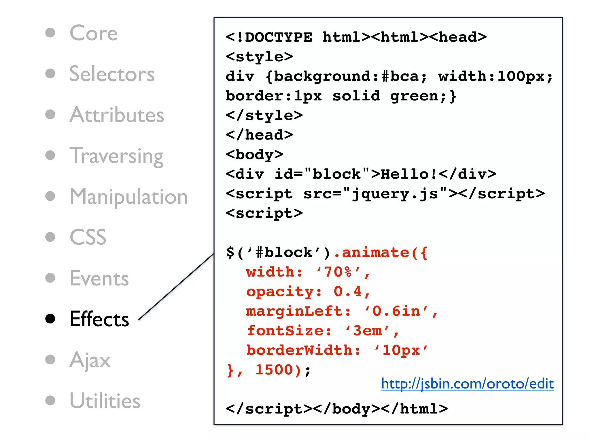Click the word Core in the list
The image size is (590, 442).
[x=94, y=33]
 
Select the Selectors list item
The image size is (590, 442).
[x=112, y=74]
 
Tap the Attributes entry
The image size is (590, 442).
[x=117, y=115]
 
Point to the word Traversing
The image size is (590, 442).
[x=117, y=156]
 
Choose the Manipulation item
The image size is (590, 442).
[x=129, y=197]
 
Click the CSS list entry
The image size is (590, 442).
[x=88, y=237]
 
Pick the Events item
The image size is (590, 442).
[x=99, y=278]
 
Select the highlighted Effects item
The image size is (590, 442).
[x=99, y=319]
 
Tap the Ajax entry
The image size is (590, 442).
[x=90, y=360]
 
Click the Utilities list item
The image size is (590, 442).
[x=105, y=401]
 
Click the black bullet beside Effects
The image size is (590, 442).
[x=50, y=319]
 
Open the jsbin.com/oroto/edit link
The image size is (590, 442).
[x=467, y=384]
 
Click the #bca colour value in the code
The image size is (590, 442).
[x=401, y=77]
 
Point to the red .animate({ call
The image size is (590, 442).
[x=380, y=253]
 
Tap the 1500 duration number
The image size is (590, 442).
[x=274, y=370]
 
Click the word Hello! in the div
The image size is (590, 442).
[x=409, y=174]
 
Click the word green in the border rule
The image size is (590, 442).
[x=414, y=96]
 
